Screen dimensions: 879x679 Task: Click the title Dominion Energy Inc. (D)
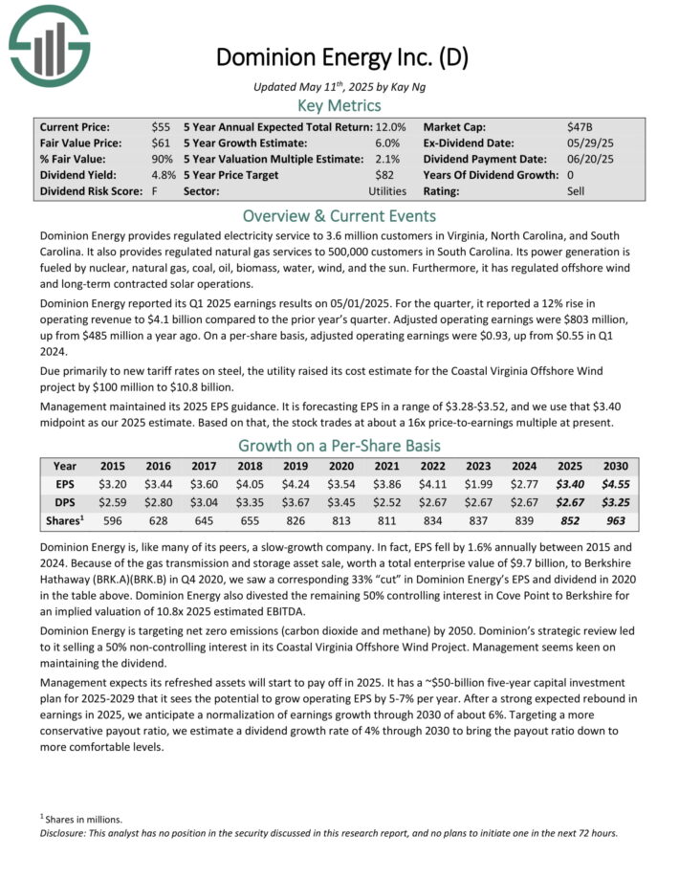tap(341, 57)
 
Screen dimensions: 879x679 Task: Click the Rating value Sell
tap(576, 191)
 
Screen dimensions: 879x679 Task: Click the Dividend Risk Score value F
tap(155, 191)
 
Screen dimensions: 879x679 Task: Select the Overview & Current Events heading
tap(339, 215)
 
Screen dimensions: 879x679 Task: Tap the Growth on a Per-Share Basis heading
tap(339, 446)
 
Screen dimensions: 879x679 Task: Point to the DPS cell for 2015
tap(114, 502)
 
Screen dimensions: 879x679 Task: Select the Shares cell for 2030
tap(615, 520)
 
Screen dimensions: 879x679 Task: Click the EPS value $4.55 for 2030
tap(615, 484)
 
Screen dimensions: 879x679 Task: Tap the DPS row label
tap(65, 502)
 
